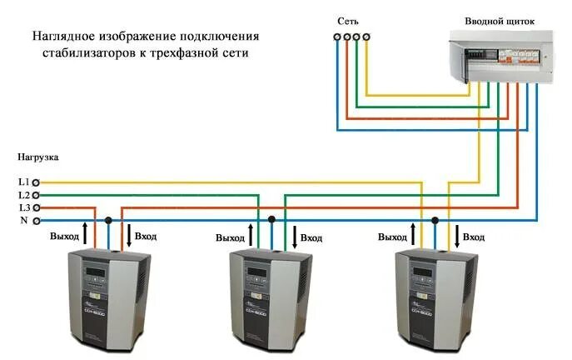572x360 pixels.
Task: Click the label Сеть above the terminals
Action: (349, 20)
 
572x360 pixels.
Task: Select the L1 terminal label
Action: (23, 182)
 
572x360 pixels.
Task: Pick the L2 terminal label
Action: (23, 194)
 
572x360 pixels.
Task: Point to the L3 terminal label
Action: (23, 207)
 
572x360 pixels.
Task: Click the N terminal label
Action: (23, 220)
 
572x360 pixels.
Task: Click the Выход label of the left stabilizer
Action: (64, 237)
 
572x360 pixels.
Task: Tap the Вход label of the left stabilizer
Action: (147, 237)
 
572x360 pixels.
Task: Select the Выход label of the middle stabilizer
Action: (230, 237)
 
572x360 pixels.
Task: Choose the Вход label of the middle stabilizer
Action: (311, 237)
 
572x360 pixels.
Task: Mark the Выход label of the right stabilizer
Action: (392, 237)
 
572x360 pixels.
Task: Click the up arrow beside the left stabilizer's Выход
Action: (87, 233)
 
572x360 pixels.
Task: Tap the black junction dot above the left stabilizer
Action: (108, 221)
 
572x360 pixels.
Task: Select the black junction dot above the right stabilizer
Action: (435, 221)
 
